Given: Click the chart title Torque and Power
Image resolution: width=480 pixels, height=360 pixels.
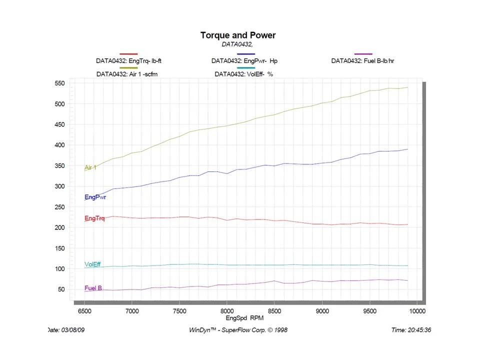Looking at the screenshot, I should tap(237, 35).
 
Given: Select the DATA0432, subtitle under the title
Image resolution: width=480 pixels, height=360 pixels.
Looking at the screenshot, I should tap(237, 44).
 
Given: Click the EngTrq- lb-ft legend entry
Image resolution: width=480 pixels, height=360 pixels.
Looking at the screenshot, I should tap(128, 61).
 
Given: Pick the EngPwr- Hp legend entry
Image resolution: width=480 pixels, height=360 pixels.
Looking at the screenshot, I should tap(244, 61).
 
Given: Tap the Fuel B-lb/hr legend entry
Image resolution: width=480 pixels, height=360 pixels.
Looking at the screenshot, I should tap(363, 61).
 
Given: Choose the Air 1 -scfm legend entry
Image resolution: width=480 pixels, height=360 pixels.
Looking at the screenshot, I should tap(128, 74).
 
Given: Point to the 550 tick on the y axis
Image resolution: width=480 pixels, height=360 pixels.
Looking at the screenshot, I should tap(60, 83).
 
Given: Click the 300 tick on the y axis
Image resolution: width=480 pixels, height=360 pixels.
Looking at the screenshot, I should tap(60, 186).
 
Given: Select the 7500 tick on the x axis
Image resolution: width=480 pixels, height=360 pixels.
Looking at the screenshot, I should tap(179, 311).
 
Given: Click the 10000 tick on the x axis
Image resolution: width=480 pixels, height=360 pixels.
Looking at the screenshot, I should tap(417, 311).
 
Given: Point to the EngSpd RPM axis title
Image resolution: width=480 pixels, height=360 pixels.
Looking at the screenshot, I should tap(244, 318).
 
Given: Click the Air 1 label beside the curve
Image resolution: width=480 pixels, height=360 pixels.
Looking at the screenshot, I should tap(90, 167).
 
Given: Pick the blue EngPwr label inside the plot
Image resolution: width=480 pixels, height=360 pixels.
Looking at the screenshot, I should tap(95, 197).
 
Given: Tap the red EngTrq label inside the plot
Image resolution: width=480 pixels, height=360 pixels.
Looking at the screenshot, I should tap(94, 218).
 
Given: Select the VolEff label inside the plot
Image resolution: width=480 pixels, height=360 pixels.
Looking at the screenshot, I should tap(92, 264).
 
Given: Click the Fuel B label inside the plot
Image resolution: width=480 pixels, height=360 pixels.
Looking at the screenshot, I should tap(93, 288).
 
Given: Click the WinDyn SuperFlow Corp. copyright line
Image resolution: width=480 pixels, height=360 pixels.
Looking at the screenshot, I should tap(238, 330).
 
